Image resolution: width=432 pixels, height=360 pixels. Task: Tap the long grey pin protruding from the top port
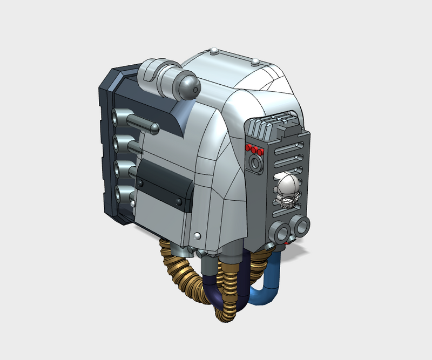tap(141, 123)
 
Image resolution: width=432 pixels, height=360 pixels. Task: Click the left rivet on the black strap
tap(141, 185)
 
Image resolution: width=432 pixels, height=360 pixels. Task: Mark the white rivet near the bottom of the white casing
tap(198, 236)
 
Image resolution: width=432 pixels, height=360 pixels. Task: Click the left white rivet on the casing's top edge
tap(214, 51)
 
